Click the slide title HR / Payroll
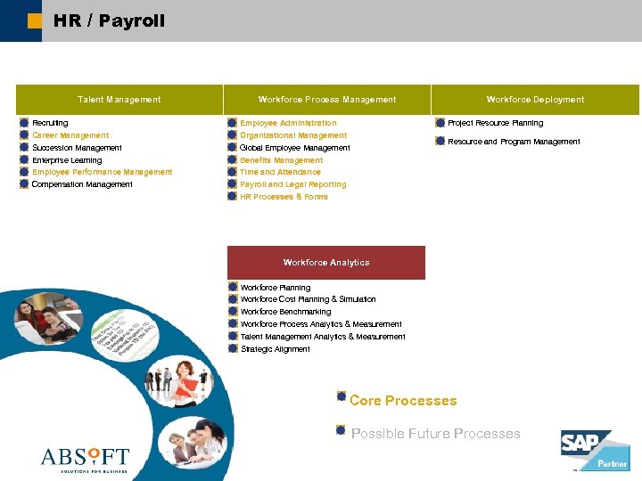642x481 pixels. pyautogui.click(x=109, y=20)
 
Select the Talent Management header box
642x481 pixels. pyautogui.click(x=119, y=100)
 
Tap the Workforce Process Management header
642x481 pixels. pyautogui.click(x=326, y=100)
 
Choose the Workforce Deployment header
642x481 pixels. pyautogui.click(x=535, y=100)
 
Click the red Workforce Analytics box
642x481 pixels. pyautogui.click(x=326, y=263)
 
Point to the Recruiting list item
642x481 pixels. pyautogui.click(x=50, y=123)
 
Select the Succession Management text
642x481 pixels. pyautogui.click(x=77, y=148)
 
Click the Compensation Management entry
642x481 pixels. pyautogui.click(x=82, y=184)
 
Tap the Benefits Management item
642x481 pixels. pyautogui.click(x=281, y=160)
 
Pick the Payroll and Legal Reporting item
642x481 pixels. pyautogui.click(x=292, y=184)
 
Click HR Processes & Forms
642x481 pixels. pyautogui.click(x=284, y=197)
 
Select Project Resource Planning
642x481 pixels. pyautogui.click(x=495, y=123)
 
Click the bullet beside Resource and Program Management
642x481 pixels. pyautogui.click(x=440, y=142)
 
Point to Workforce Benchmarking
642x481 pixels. pyautogui.click(x=285, y=312)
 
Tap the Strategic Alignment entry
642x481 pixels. pyautogui.click(x=276, y=349)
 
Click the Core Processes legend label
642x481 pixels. pyautogui.click(x=403, y=401)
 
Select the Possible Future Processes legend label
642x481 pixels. pyautogui.click(x=435, y=434)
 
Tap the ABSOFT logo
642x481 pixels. pyautogui.click(x=86, y=459)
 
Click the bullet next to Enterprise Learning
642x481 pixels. pyautogui.click(x=24, y=160)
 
